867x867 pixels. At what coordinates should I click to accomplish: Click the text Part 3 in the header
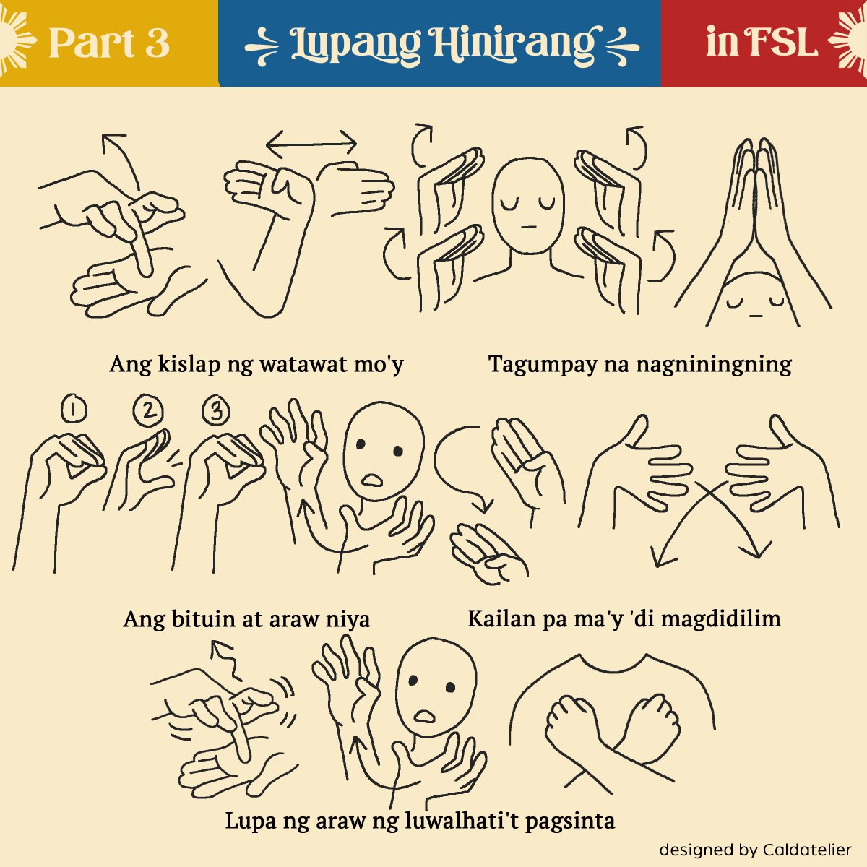click(x=109, y=43)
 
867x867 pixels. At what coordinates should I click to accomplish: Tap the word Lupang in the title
click(x=355, y=46)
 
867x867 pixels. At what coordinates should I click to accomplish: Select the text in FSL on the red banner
click(x=762, y=41)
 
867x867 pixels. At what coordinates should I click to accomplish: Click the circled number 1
click(x=74, y=408)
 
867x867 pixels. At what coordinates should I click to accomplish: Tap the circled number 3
click(x=216, y=410)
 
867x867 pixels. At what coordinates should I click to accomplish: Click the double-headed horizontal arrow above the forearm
click(x=311, y=144)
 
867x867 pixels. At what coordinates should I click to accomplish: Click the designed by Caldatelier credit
click(x=756, y=850)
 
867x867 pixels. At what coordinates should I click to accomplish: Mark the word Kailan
click(x=501, y=618)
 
